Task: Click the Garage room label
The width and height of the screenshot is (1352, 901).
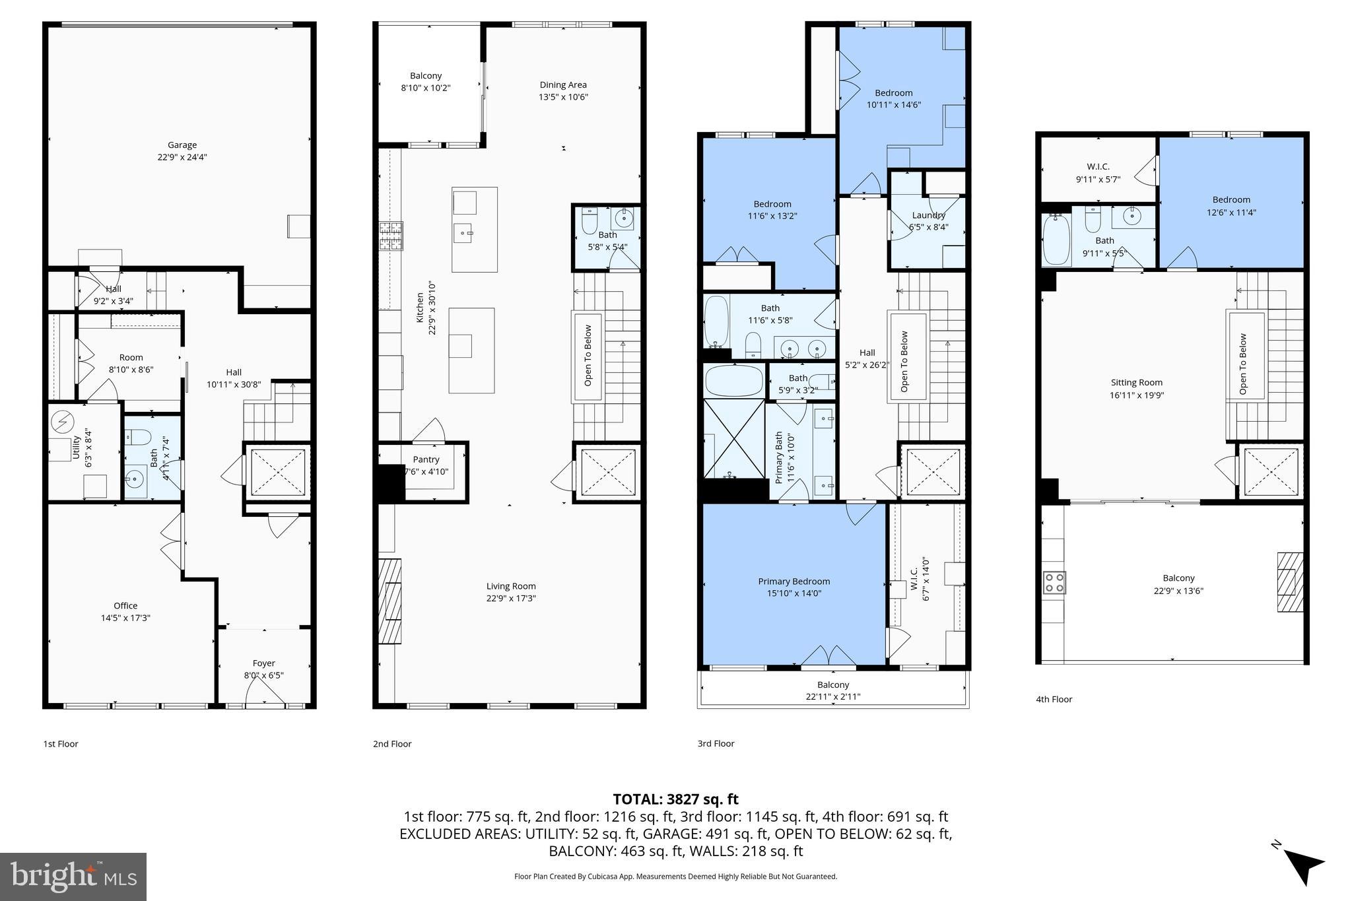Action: pyautogui.click(x=182, y=145)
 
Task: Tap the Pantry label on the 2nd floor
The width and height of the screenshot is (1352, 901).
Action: pyautogui.click(x=426, y=459)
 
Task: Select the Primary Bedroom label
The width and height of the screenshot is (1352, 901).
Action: pyautogui.click(x=794, y=582)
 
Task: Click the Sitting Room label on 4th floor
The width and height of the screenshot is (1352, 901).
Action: pyautogui.click(x=1136, y=382)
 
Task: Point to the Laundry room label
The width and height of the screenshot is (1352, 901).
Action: pyautogui.click(x=928, y=215)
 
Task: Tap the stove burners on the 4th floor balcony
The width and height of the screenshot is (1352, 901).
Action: pyautogui.click(x=1054, y=582)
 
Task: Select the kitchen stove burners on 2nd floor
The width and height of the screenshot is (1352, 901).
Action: pyautogui.click(x=390, y=236)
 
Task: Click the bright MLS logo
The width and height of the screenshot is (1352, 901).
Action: pyautogui.click(x=73, y=876)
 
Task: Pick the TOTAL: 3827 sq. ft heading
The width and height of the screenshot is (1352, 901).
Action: pyautogui.click(x=675, y=799)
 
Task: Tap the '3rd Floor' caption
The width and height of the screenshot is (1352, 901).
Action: pyautogui.click(x=716, y=743)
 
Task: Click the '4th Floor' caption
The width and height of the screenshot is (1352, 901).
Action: pyautogui.click(x=1054, y=699)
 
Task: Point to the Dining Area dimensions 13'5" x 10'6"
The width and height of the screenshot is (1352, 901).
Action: pyautogui.click(x=562, y=97)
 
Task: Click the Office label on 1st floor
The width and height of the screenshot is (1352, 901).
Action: pyautogui.click(x=125, y=605)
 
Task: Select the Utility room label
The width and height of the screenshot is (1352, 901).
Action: pyautogui.click(x=76, y=448)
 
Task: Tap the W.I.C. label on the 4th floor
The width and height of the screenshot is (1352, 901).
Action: pyautogui.click(x=1098, y=166)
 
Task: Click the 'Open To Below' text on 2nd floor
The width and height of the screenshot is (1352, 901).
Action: pyautogui.click(x=588, y=355)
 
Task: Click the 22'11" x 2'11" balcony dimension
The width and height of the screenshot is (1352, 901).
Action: pyautogui.click(x=832, y=696)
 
